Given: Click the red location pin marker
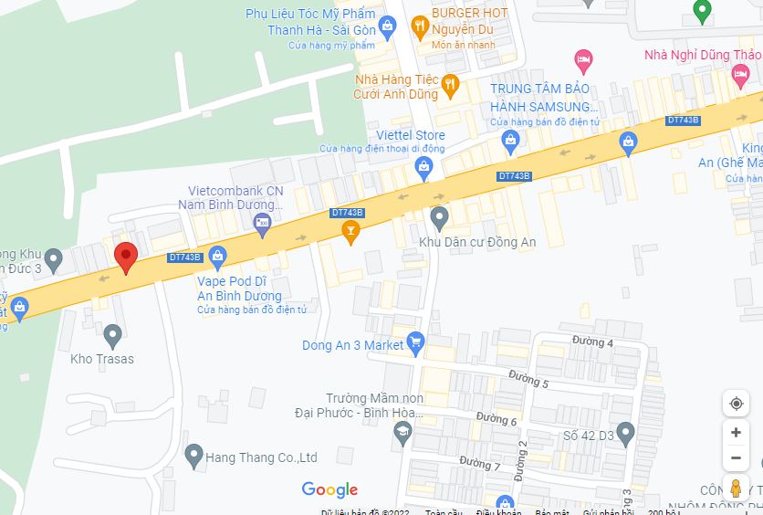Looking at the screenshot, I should click(x=125, y=257).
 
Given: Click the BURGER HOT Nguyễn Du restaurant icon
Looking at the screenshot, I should click(x=420, y=26).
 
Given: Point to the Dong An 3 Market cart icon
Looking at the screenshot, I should click(x=416, y=345).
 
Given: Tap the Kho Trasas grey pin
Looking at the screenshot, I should click(x=113, y=335).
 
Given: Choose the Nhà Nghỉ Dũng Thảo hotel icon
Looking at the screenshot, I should click(x=583, y=61).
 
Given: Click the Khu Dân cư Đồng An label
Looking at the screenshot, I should click(x=476, y=242).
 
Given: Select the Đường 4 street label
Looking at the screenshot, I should click(x=592, y=343).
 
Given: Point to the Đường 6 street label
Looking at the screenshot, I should click(x=496, y=420).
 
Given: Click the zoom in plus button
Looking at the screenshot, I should click(x=736, y=432).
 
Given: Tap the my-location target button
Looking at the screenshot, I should click(x=736, y=404).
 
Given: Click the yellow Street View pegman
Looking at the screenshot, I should click(x=736, y=489).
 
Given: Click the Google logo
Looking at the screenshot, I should click(x=329, y=490).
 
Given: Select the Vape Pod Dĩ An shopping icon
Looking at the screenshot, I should click(x=217, y=257).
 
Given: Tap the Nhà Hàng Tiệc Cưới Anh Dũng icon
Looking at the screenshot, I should click(x=449, y=86).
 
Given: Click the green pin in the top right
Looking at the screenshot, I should click(x=701, y=11).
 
